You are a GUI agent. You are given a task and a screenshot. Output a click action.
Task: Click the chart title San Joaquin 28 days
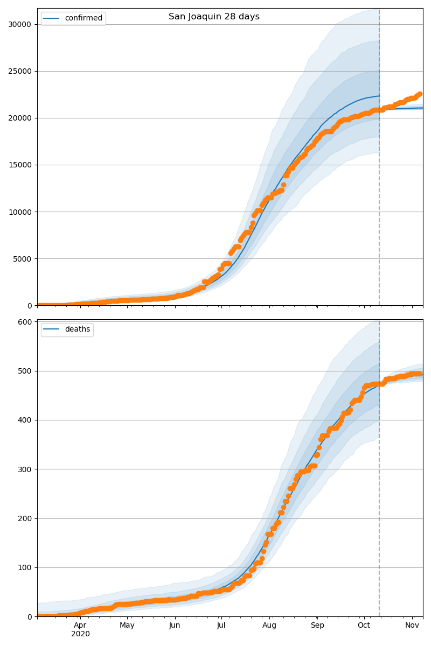pos(214,17)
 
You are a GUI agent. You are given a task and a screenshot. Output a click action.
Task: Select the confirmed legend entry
pos(84,18)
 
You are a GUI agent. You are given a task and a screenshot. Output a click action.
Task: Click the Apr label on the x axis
pos(80,626)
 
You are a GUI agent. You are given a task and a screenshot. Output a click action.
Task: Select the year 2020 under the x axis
pos(80,634)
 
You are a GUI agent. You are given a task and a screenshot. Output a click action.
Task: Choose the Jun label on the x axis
pos(175,626)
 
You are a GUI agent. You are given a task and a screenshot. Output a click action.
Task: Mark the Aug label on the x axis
pos(269,626)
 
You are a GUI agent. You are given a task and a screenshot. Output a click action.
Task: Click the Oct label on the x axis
pos(364,626)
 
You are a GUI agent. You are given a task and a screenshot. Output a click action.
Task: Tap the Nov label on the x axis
pos(412,626)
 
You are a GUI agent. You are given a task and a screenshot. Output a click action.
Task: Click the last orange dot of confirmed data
pos(420,94)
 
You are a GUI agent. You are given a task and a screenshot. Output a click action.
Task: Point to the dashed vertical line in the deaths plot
pos(379,484)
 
